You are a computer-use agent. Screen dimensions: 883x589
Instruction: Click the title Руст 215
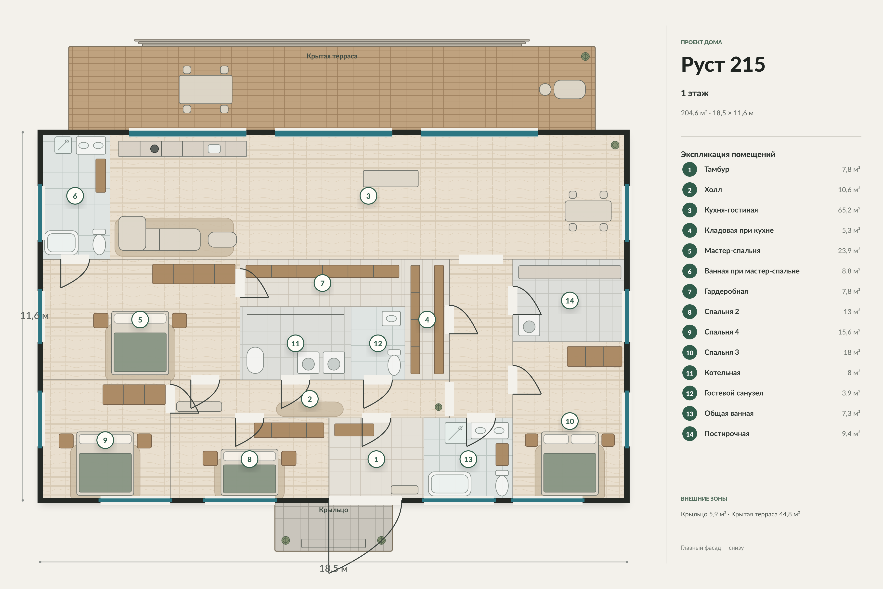(x=723, y=64)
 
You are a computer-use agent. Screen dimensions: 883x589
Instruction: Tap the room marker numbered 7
(x=322, y=283)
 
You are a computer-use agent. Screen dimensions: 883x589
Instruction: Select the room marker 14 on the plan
(x=570, y=300)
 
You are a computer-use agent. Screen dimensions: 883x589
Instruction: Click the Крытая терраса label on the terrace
(x=332, y=56)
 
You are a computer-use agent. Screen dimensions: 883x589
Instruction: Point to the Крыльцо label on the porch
(x=333, y=510)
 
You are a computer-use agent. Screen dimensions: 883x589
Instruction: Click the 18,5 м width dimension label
(x=333, y=568)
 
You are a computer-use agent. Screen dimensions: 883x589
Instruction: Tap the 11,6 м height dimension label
(x=35, y=316)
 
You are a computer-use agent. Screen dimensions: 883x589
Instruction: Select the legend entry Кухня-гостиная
(x=731, y=210)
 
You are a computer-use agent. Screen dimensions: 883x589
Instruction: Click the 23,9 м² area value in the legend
(x=849, y=251)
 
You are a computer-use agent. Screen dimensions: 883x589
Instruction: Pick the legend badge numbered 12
(x=690, y=393)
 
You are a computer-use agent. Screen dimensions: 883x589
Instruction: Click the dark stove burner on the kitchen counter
(x=154, y=149)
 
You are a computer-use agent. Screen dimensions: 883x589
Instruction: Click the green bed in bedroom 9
(x=105, y=473)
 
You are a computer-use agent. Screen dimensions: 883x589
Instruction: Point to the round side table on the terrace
(x=545, y=89)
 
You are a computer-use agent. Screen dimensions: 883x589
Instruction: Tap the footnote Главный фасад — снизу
(x=712, y=548)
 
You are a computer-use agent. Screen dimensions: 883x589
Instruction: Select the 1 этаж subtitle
(x=695, y=93)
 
